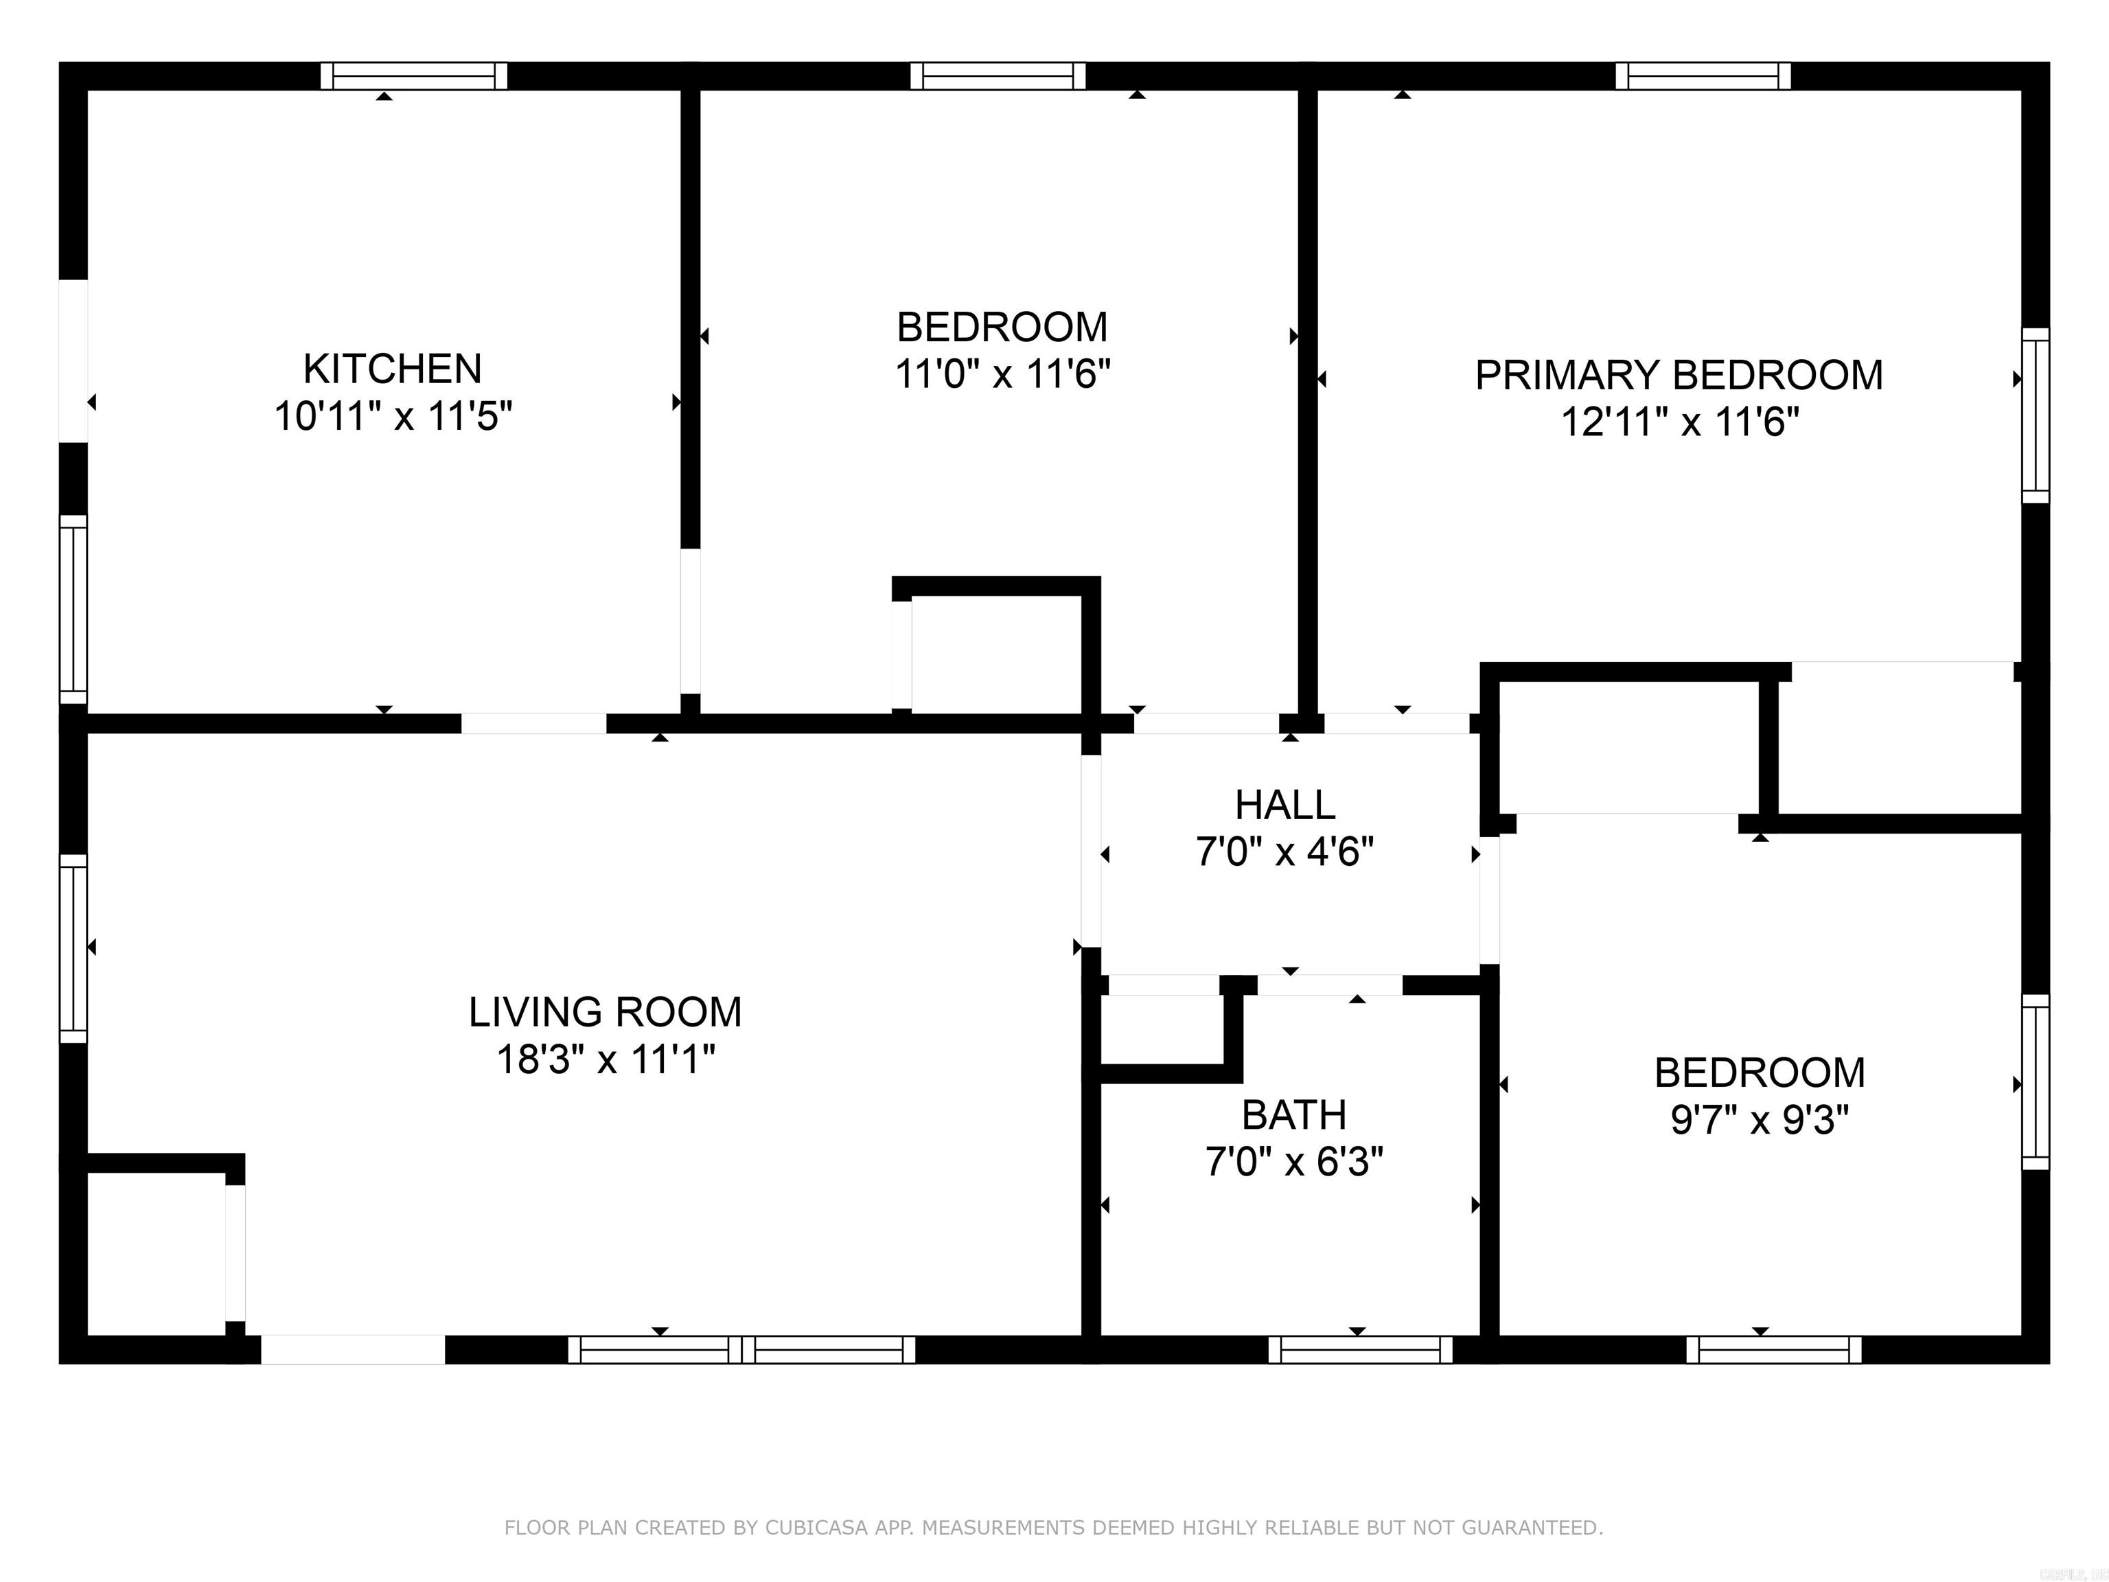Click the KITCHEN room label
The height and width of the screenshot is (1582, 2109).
click(392, 369)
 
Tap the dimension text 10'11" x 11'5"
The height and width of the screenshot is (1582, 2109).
click(393, 417)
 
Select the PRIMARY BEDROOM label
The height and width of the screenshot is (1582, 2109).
click(1679, 375)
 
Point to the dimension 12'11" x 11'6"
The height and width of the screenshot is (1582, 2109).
click(1679, 422)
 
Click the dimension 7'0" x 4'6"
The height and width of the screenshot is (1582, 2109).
click(1284, 851)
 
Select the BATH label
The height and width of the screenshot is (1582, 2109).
click(1294, 1114)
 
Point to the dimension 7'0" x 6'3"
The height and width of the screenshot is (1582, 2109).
click(1294, 1162)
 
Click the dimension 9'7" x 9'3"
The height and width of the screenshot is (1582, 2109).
click(1759, 1119)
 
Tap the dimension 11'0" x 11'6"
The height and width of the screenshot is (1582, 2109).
click(1002, 374)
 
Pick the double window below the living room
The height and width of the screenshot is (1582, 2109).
click(741, 1349)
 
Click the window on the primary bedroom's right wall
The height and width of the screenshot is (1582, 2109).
click(2036, 416)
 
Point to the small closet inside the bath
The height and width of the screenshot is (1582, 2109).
click(1162, 1030)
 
